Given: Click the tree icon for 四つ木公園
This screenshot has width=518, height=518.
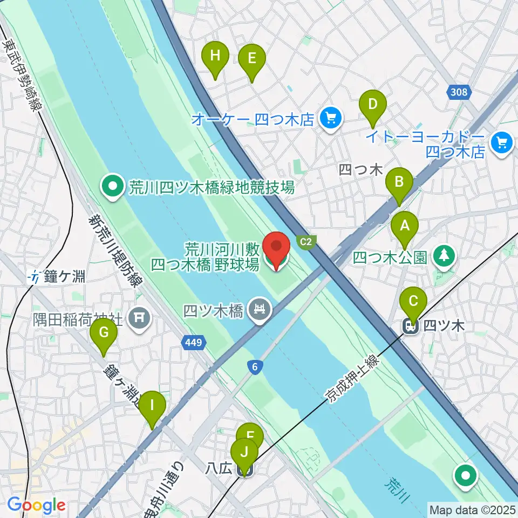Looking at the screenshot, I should tap(444, 256).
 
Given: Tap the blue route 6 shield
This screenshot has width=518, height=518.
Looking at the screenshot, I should tap(255, 367).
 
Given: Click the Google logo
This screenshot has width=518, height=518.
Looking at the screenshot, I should tap(37, 505).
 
